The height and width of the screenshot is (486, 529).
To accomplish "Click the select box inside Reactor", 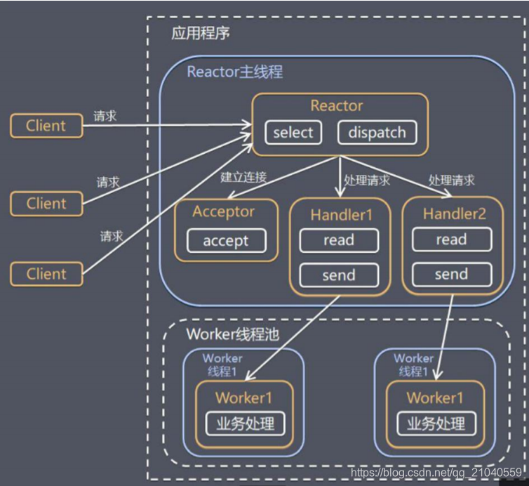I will click(x=293, y=133).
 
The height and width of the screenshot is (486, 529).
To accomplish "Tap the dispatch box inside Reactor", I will click(x=377, y=133).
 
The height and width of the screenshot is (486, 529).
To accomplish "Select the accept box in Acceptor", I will click(x=226, y=241).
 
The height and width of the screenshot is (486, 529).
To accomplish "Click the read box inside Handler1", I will click(x=339, y=240).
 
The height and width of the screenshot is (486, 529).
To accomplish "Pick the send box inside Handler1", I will click(x=339, y=275).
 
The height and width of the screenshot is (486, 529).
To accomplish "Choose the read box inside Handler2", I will click(x=451, y=239).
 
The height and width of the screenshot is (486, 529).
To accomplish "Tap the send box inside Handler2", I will click(x=451, y=274).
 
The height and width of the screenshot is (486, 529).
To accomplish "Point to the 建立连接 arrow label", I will click(x=243, y=177).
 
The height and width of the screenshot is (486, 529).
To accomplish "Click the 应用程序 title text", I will click(x=200, y=33).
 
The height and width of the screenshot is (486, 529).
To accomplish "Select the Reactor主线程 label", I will click(x=235, y=72).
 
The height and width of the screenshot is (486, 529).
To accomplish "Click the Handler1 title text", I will click(x=341, y=214).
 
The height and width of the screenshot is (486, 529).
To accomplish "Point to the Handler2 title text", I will click(x=454, y=214).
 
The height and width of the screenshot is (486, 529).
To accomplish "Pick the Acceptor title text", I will click(x=224, y=211).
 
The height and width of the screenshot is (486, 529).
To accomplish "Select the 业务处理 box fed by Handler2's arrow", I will click(x=435, y=423).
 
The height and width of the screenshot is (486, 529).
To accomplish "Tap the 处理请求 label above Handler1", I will click(x=367, y=180).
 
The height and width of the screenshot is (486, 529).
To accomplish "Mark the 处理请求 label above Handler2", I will click(x=451, y=180).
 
